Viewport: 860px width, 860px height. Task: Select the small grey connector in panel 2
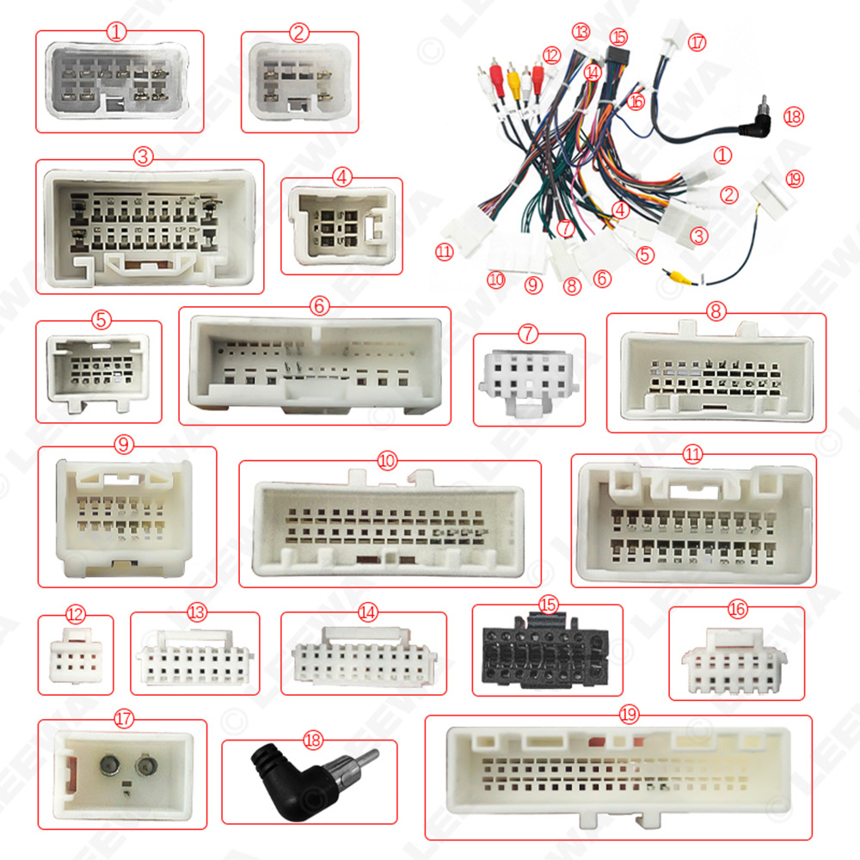pyautogui.click(x=298, y=83)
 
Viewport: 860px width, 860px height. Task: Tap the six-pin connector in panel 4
pyautogui.click(x=342, y=227)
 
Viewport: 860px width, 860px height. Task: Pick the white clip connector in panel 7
pyautogui.click(x=528, y=379)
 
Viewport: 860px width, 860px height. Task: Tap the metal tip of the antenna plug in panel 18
pyautogui.click(x=365, y=759)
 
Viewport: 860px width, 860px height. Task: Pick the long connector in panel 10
pyautogui.click(x=388, y=524)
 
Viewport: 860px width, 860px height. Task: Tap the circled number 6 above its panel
pyautogui.click(x=316, y=304)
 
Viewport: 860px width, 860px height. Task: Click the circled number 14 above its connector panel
pyautogui.click(x=368, y=611)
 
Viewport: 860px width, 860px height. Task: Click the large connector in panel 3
pyautogui.click(x=150, y=226)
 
